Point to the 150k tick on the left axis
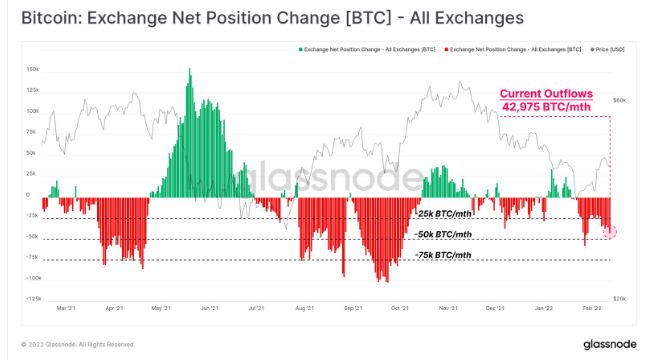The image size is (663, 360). tap(32, 70)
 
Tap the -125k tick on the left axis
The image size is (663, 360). tap(32, 299)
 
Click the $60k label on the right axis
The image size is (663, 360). tap(619, 101)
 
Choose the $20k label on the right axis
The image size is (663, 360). tap(619, 299)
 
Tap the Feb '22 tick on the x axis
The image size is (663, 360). tap(591, 309)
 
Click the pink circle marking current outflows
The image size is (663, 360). tap(610, 230)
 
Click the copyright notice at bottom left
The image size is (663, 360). tap(70, 344)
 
